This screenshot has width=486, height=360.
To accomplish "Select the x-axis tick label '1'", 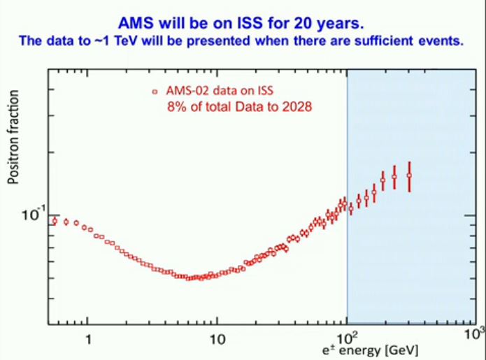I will click(x=88, y=340).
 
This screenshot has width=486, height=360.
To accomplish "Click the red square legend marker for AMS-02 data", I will click(x=153, y=92).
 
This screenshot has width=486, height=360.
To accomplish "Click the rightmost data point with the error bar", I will click(x=409, y=175).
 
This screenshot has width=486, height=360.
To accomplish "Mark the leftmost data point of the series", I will click(x=55, y=221).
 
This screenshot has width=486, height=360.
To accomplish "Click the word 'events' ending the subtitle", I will click(x=442, y=41).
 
